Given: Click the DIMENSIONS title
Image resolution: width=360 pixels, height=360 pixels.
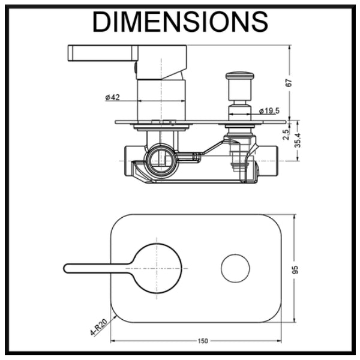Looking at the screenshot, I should [180, 22].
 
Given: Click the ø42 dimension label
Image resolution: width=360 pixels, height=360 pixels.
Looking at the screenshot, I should [112, 97].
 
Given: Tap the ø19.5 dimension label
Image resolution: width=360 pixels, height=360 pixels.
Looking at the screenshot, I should [270, 110].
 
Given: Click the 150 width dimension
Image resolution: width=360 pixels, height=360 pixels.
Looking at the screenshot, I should [202, 341].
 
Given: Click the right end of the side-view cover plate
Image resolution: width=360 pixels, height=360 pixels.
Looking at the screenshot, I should [282, 122].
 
